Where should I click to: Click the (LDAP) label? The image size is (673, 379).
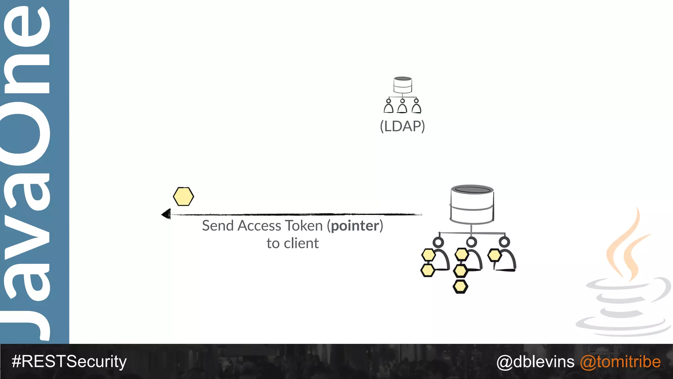tap(402, 126)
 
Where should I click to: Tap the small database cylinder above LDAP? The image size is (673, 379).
tap(403, 85)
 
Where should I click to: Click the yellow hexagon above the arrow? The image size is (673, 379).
tap(183, 197)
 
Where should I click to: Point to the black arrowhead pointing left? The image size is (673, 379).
tap(166, 214)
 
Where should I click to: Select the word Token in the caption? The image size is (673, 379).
tap(304, 226)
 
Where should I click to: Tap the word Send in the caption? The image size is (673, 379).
tap(218, 226)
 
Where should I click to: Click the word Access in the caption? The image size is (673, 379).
tap(260, 226)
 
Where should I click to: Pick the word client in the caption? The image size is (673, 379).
tap(301, 243)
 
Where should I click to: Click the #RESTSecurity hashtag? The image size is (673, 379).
tap(69, 362)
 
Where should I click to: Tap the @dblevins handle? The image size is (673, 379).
tap(535, 362)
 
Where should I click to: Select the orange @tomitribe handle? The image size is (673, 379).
tap(620, 362)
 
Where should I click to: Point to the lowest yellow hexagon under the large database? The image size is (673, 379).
tap(460, 287)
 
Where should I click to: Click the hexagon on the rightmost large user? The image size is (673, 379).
tap(494, 255)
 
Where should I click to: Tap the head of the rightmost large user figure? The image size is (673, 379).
tap(504, 242)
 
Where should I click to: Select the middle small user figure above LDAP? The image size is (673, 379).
tap(402, 106)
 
